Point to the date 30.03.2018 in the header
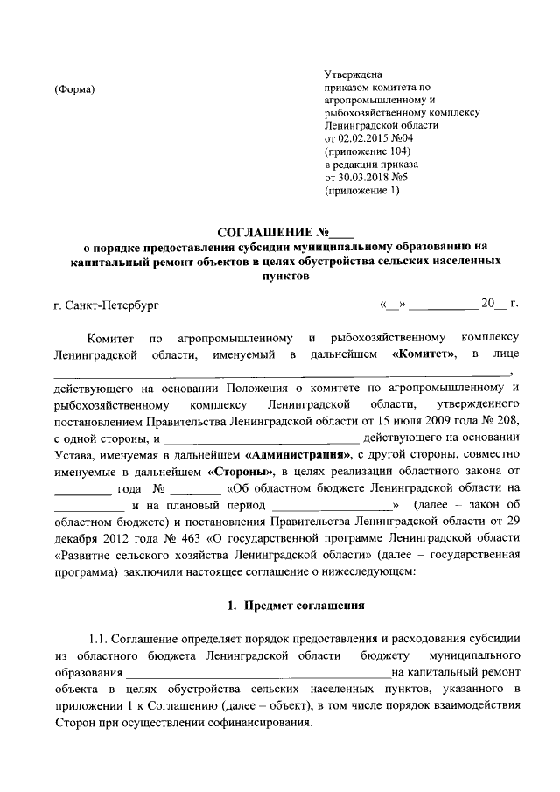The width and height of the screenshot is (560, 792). coord(369,177)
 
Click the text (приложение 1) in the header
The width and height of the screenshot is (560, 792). coord(360,190)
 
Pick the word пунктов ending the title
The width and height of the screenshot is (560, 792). coord(280,274)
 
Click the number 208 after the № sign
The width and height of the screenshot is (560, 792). coord(513,422)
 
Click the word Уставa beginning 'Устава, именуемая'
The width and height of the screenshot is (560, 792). coord(73,455)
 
